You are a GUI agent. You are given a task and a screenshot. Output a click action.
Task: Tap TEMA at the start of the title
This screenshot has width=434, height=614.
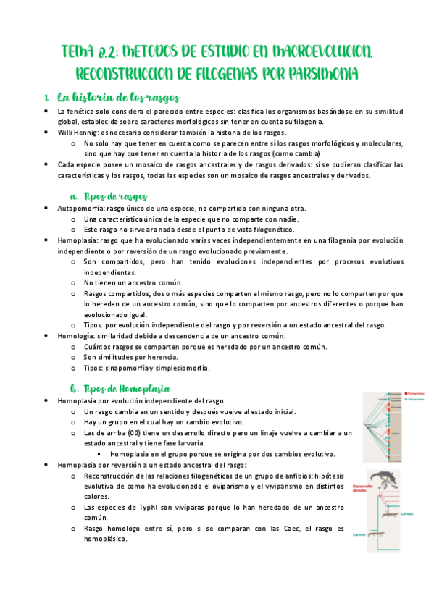[78, 51]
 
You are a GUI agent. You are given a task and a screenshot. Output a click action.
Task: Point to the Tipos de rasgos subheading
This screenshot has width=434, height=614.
[115, 196]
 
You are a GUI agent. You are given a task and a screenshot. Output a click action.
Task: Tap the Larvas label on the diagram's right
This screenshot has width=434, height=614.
[406, 513]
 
